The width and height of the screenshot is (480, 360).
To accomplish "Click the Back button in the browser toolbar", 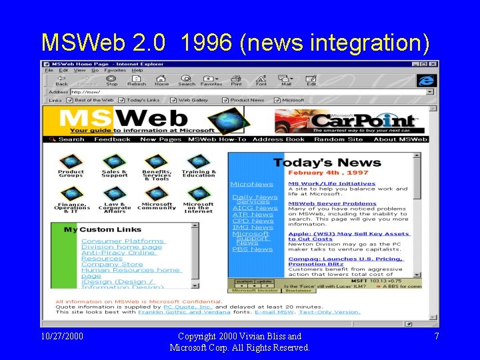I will (61, 80).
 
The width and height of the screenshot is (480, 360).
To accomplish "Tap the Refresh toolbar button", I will (137, 80).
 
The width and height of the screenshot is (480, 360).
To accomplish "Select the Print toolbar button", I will (236, 80).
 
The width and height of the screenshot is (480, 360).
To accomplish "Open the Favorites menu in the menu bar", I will (115, 70).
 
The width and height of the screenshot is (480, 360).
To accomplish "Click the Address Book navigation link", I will (278, 139).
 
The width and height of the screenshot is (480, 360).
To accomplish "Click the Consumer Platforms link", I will (123, 241).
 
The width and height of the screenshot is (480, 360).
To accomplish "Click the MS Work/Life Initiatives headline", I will (331, 183).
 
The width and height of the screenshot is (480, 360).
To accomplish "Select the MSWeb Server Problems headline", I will (332, 203).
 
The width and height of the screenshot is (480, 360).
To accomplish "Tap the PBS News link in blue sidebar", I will (253, 249).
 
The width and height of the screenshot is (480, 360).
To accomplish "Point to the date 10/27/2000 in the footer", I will (62, 336).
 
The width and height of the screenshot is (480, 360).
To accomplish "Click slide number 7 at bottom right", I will (437, 336).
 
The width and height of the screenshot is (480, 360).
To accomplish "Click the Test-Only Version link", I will (329, 311).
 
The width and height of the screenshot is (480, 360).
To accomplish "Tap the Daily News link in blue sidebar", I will (255, 197).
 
